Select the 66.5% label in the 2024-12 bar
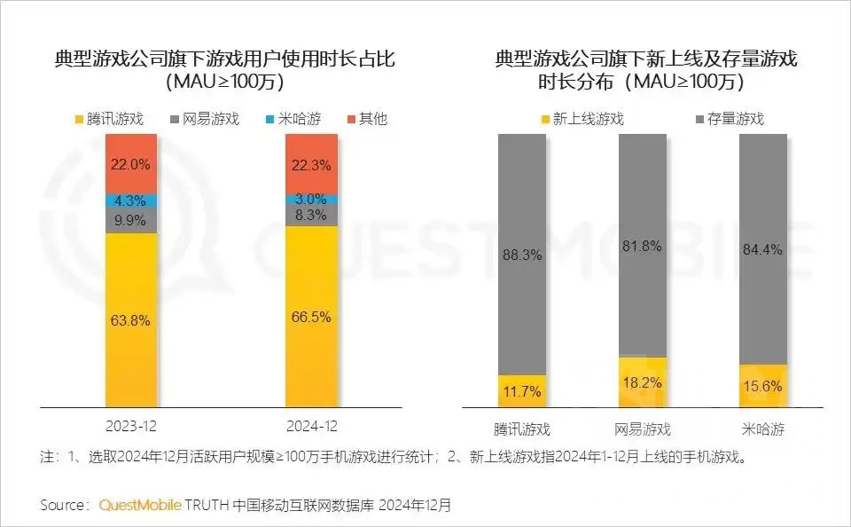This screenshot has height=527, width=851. click(x=311, y=317)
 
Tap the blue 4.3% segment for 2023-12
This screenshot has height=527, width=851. click(x=131, y=201)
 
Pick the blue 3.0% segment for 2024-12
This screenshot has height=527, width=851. click(x=311, y=198)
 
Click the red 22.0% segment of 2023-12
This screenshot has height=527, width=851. click(x=131, y=164)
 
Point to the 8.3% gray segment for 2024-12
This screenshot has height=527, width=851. click(x=311, y=215)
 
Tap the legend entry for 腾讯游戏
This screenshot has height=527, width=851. click(x=115, y=119)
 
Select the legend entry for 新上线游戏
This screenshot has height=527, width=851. click(x=581, y=119)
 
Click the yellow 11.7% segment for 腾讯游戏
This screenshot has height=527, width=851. click(x=522, y=391)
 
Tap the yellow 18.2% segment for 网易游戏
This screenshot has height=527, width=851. click(x=643, y=382)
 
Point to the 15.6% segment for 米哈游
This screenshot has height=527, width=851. click(x=763, y=386)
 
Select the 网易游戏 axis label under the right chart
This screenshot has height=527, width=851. click(x=643, y=430)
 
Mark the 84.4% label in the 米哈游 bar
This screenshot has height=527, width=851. click(x=763, y=249)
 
